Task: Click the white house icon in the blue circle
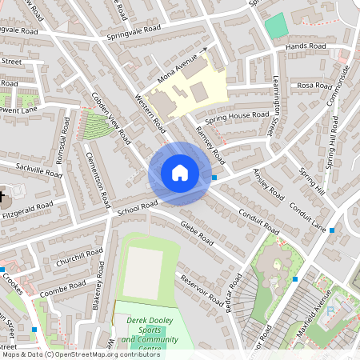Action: click(180, 173)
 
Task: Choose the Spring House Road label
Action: click(237, 117)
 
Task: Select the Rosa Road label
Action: click(314, 86)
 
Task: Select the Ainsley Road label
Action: click(268, 184)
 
